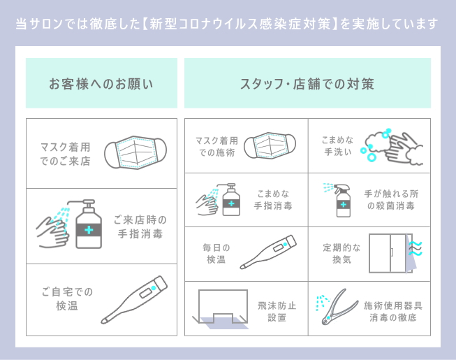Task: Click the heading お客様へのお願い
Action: [101, 84]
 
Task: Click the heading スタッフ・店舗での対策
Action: [307, 84]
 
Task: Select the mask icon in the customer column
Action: [136, 152]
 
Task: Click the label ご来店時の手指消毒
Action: [140, 227]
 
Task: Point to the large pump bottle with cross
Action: [88, 226]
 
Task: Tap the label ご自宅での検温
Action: [67, 298]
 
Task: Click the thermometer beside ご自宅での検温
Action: [134, 299]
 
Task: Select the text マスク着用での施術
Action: [216, 147]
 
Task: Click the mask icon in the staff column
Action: [270, 147]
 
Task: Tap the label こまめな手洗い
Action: [337, 146]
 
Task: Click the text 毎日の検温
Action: [216, 254]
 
